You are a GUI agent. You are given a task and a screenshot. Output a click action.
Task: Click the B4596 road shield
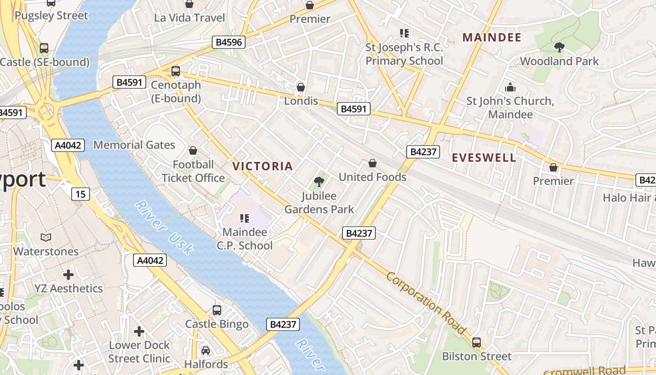(229, 42)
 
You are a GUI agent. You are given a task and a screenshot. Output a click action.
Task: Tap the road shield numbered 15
(81, 194)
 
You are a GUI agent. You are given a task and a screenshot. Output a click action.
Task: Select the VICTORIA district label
(262, 166)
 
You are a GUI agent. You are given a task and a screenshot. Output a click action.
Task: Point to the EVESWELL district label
(484, 158)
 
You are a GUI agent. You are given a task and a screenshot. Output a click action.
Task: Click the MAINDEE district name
(492, 37)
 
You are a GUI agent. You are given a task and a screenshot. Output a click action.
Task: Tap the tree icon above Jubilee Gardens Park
(320, 181)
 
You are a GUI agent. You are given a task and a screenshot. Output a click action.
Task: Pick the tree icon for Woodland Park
(559, 47)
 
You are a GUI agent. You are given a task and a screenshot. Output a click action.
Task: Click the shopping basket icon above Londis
(301, 87)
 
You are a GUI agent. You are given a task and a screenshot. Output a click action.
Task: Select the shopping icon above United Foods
(373, 163)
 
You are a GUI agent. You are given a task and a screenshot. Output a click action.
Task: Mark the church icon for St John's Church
(510, 87)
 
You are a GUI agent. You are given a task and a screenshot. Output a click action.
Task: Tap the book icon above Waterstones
(46, 238)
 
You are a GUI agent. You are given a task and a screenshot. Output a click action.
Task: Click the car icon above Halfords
(206, 351)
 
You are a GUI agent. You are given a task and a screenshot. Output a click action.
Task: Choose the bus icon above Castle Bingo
(217, 310)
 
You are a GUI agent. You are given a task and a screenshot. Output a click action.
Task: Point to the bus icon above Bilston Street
(477, 342)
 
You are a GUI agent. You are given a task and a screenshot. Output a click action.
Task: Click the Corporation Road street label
(426, 302)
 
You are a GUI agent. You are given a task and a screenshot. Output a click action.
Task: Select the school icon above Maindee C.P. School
(244, 218)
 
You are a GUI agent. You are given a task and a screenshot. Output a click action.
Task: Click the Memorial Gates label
(134, 145)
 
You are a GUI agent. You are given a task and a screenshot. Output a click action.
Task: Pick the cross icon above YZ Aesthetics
(68, 274)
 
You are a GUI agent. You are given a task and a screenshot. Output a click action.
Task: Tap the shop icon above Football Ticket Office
(193, 150)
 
